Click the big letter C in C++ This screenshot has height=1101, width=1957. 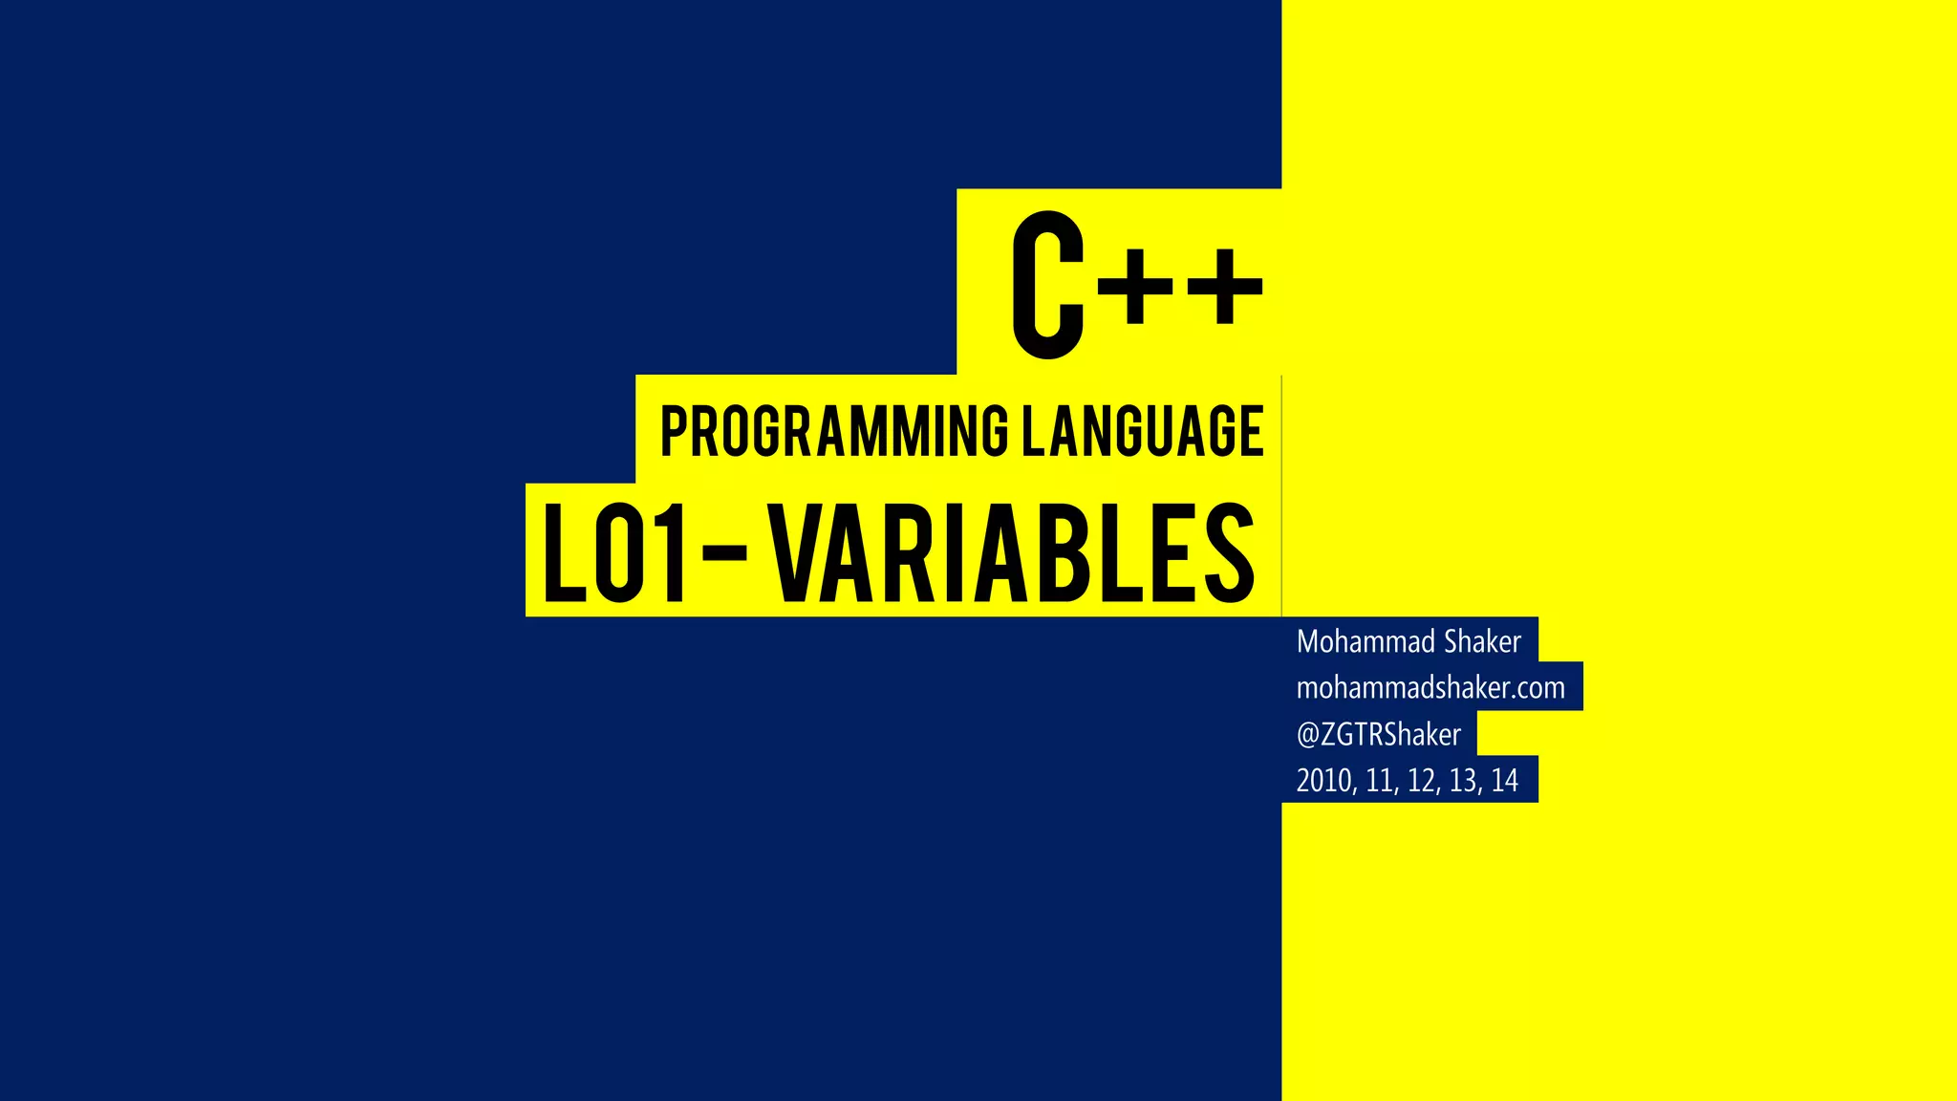[1047, 285]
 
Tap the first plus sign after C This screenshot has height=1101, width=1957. [1134, 285]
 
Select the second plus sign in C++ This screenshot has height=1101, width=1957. [1223, 285]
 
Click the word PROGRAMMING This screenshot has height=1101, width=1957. [834, 431]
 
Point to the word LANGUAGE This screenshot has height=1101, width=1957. [1143, 431]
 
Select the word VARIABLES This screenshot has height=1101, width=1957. [1013, 554]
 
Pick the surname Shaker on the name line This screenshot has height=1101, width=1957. [1482, 641]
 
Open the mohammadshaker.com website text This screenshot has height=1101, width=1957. [1430, 688]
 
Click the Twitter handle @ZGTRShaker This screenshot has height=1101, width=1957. [1379, 734]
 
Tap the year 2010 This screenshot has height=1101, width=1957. [1324, 781]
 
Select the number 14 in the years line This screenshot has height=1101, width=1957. [1504, 781]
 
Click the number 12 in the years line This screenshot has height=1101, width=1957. [1421, 781]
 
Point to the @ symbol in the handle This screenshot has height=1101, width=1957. [1307, 735]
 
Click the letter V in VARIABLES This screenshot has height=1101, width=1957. [801, 554]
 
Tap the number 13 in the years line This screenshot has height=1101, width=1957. [1463, 781]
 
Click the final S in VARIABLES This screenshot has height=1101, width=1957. [1229, 554]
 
